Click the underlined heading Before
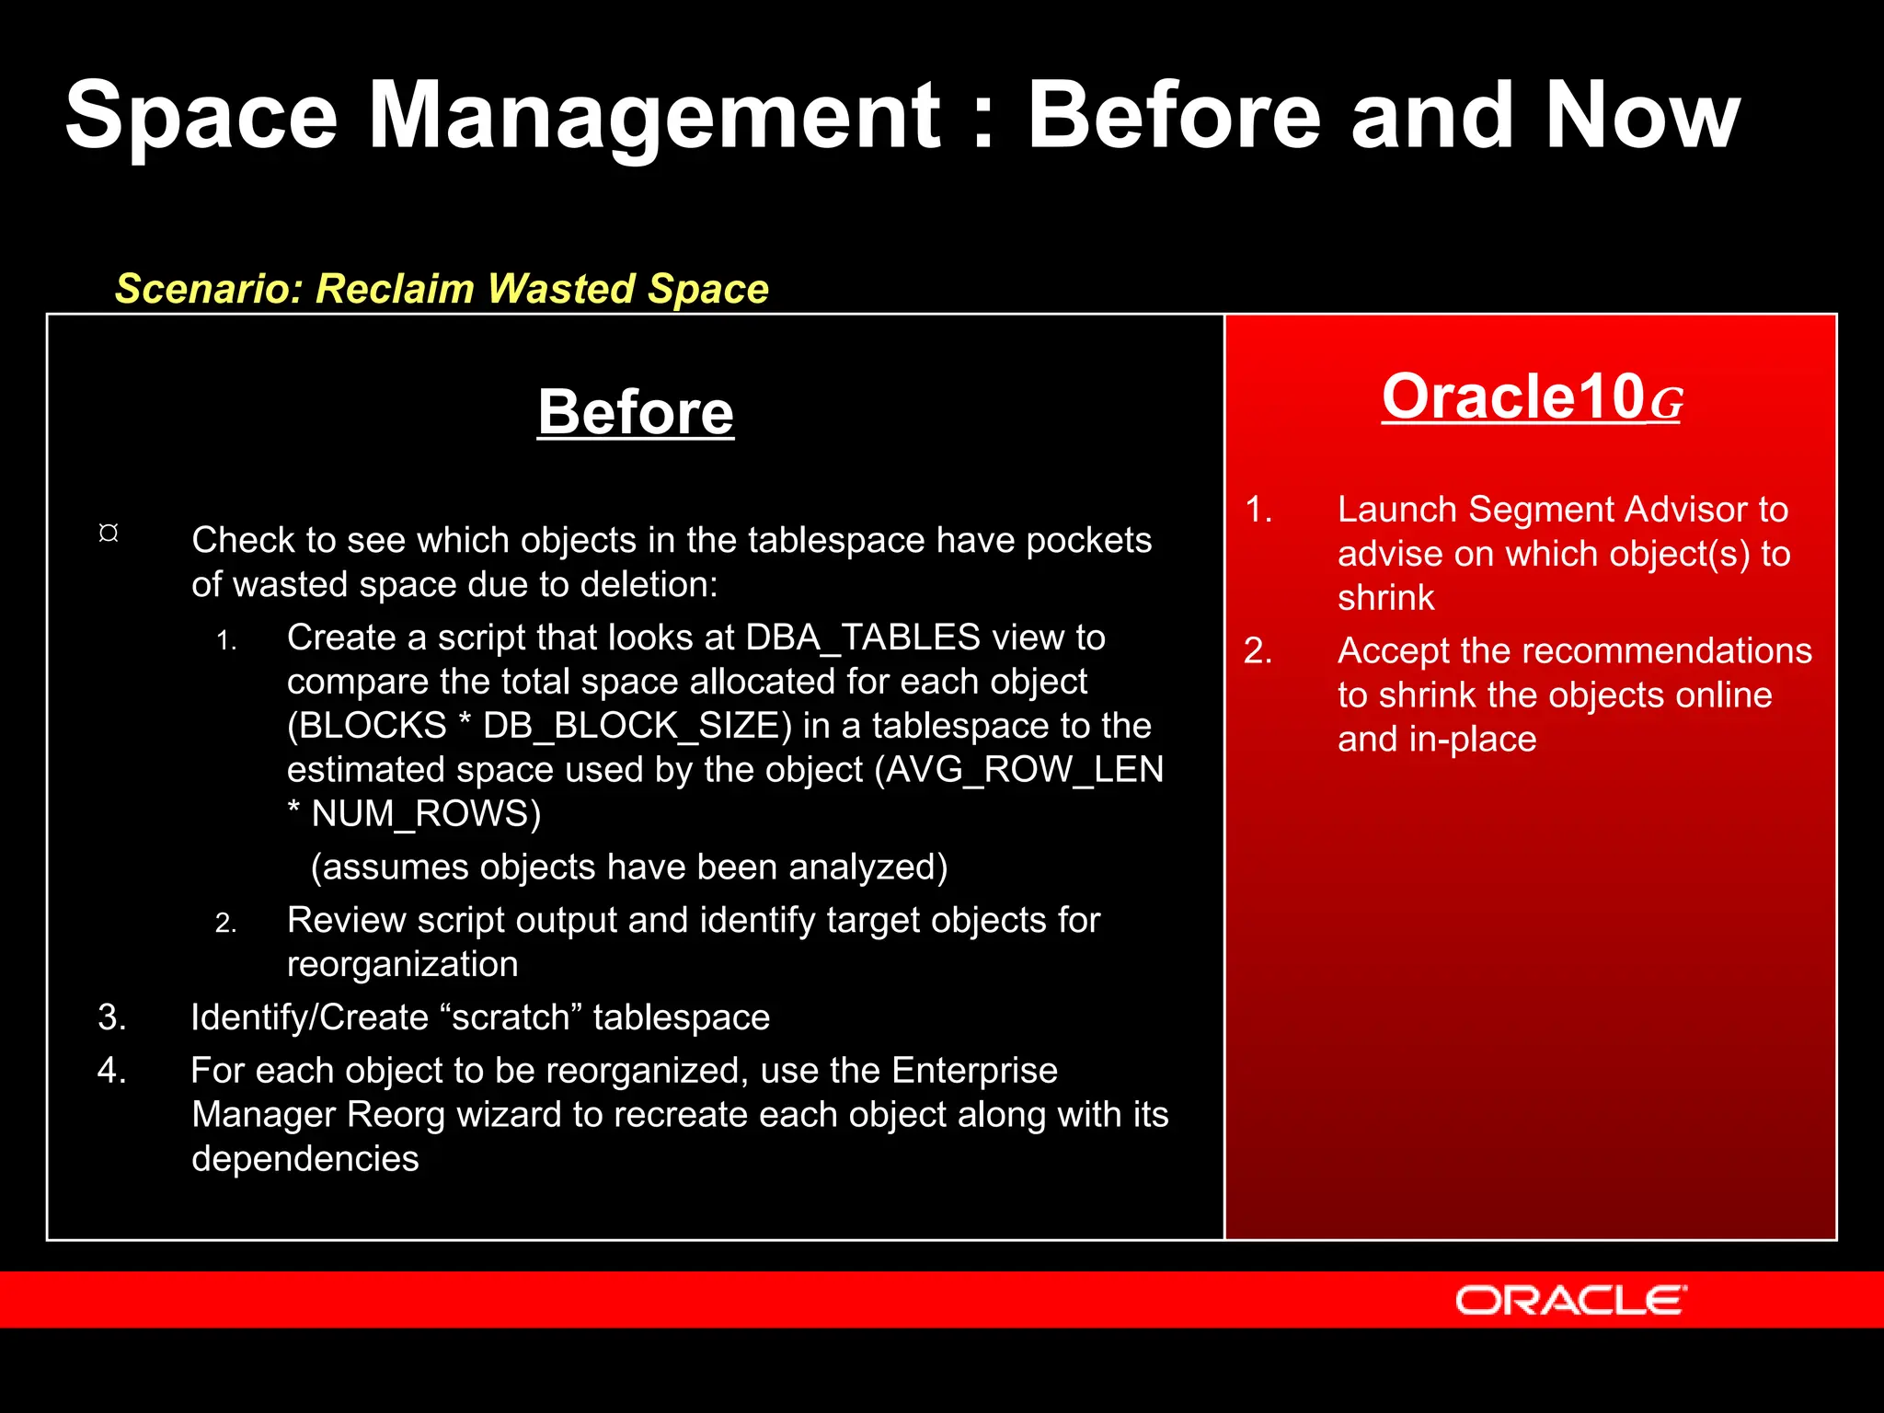636,413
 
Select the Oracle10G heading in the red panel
1532,397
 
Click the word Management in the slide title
654,116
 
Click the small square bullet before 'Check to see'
109,534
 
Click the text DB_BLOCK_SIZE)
638,726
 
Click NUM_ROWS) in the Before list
426,814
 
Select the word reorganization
403,965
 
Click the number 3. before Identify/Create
112,1017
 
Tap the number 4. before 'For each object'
112,1071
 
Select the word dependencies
305,1159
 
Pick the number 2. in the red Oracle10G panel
1258,651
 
